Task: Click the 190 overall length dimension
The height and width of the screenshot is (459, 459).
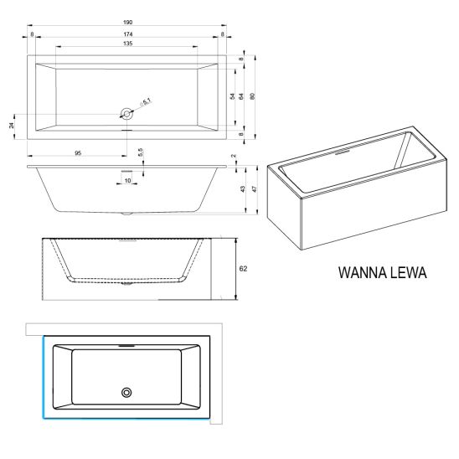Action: tap(127, 23)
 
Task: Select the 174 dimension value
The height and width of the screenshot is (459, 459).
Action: tap(127, 34)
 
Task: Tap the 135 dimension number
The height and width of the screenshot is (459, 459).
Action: tap(127, 44)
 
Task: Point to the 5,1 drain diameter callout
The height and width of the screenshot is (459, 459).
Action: tap(146, 102)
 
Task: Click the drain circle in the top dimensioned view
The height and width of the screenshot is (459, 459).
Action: tap(126, 113)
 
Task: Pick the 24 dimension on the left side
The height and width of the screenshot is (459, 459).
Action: tap(12, 126)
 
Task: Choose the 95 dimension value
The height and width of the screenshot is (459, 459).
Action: tap(78, 153)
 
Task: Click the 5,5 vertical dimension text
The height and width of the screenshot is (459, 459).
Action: tap(140, 152)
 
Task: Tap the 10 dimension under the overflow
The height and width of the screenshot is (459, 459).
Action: tap(127, 181)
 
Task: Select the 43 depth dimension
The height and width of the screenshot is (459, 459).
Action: tap(242, 189)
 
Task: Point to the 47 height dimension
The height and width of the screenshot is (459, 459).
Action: tap(255, 189)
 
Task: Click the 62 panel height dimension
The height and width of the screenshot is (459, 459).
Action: tap(243, 268)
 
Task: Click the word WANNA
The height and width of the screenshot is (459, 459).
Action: tap(358, 272)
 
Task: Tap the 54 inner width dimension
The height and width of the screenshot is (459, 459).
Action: tap(232, 96)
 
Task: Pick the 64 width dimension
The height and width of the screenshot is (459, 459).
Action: tap(241, 96)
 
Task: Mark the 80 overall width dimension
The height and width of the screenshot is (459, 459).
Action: tap(253, 96)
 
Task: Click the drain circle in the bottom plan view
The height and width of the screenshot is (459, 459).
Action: tap(126, 393)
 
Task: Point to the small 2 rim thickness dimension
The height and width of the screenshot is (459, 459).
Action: tap(234, 156)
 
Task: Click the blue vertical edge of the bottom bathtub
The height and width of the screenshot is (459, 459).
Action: tap(44, 377)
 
